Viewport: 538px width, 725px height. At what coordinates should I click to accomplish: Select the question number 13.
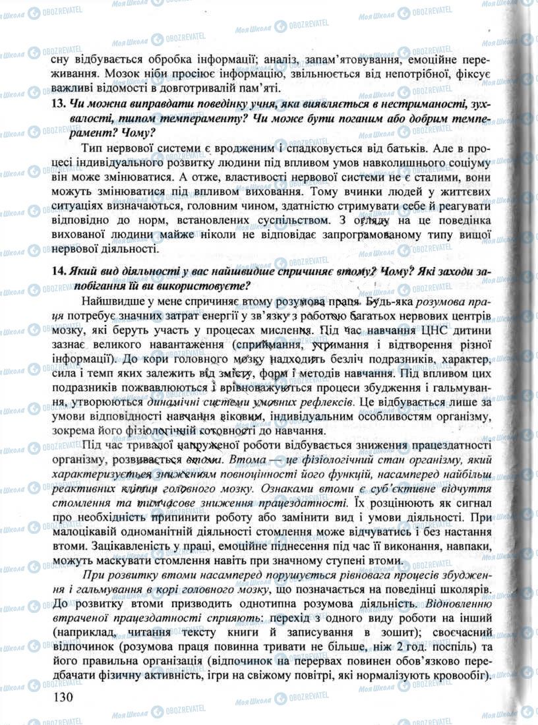(57, 105)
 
